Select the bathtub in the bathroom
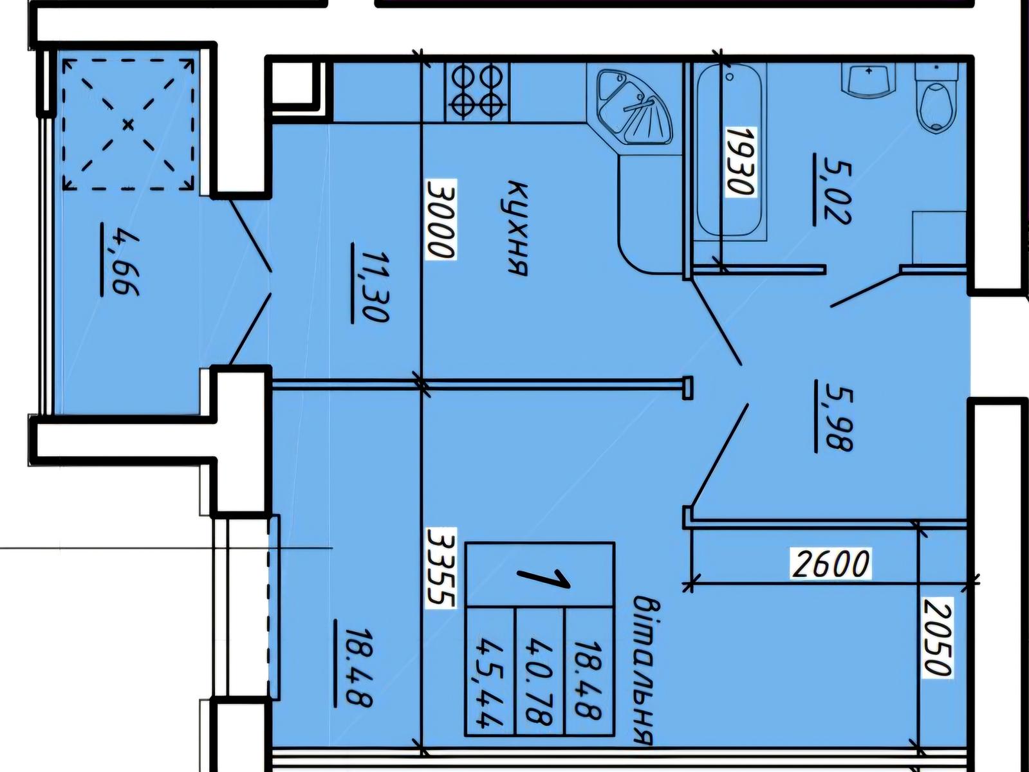click(730, 152)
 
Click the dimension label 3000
click(441, 219)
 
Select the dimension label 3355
click(441, 568)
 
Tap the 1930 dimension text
click(741, 161)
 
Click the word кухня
click(517, 228)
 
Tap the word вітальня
click(643, 670)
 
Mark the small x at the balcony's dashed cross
click(128, 125)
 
